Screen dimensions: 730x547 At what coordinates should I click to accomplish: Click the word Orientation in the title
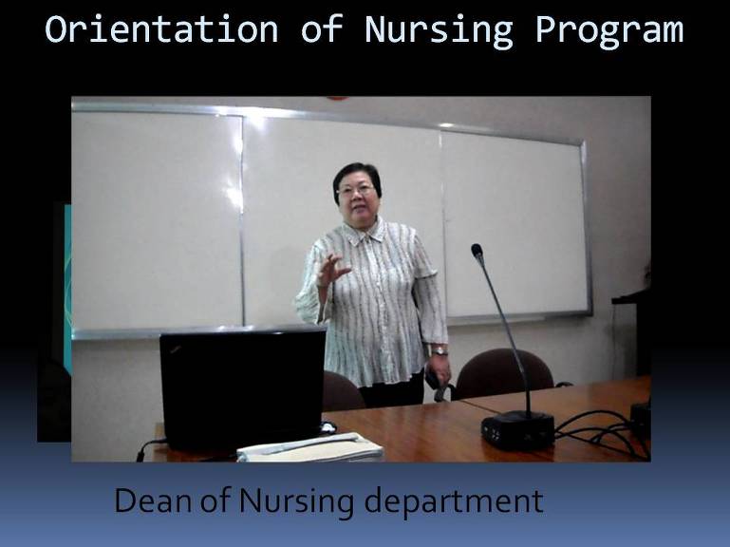161,28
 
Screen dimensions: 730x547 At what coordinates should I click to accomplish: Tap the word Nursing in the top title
439,30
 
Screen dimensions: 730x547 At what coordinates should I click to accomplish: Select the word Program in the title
609,31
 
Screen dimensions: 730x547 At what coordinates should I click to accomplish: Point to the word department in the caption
454,502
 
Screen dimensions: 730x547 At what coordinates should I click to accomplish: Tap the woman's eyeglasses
356,190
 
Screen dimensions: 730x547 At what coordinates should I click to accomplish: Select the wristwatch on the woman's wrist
439,350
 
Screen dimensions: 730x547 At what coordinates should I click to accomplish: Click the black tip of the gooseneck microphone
477,253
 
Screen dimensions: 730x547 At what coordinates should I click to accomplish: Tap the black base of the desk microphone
517,430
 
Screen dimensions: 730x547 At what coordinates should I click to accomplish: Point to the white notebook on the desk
309,446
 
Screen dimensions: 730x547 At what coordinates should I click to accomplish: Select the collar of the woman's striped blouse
366,232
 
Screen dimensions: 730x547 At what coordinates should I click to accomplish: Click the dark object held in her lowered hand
437,385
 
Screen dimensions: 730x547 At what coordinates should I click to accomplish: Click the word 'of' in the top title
322,28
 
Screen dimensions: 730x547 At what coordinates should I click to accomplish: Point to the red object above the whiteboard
338,99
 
